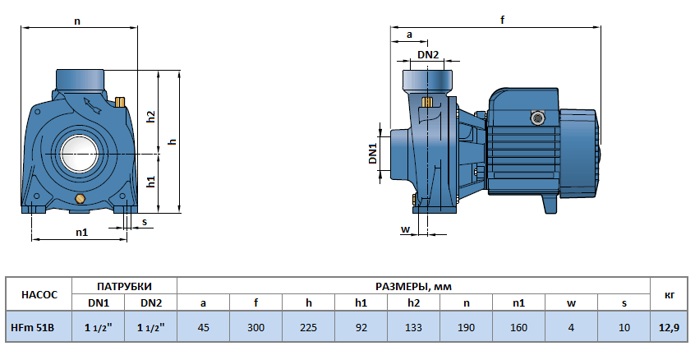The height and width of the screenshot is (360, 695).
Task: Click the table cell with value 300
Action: pyautogui.click(x=255, y=327)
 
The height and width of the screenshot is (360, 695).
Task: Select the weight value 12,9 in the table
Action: pyautogui.click(x=670, y=327)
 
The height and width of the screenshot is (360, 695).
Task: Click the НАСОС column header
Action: pyautogui.click(x=38, y=294)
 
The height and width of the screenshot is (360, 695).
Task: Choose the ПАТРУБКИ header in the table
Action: pyautogui.click(x=124, y=286)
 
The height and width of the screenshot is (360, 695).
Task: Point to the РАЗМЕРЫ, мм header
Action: pyautogui.click(x=413, y=286)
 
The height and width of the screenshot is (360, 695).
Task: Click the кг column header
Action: pyautogui.click(x=670, y=294)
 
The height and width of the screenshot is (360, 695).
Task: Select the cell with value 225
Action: pyautogui.click(x=308, y=327)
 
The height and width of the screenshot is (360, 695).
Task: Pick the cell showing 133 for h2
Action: pyautogui.click(x=413, y=327)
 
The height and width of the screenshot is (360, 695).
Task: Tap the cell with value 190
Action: pyautogui.click(x=466, y=327)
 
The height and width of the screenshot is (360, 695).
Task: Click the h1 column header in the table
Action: pyautogui.click(x=361, y=303)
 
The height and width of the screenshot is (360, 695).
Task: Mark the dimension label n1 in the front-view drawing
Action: pyautogui.click(x=81, y=233)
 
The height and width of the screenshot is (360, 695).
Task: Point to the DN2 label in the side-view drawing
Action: pyautogui.click(x=428, y=54)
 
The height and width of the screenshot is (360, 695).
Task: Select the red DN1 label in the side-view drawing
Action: pyautogui.click(x=372, y=154)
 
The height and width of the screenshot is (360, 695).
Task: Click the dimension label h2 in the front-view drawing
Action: pyautogui.click(x=151, y=117)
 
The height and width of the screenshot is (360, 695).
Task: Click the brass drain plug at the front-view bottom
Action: pyautogui.click(x=79, y=200)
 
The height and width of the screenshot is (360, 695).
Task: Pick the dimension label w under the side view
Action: pyautogui.click(x=404, y=228)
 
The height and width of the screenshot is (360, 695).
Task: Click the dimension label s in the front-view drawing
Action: pyautogui.click(x=145, y=222)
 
